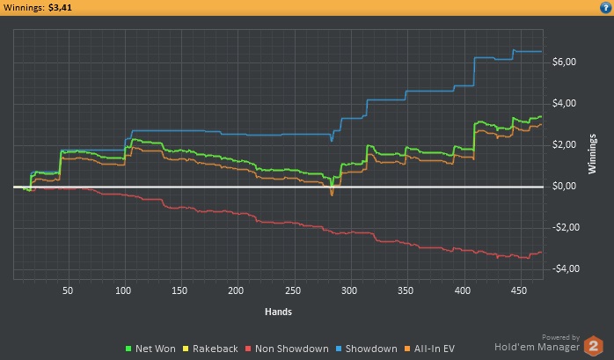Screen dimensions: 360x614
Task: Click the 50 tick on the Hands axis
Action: pyautogui.click(x=67, y=290)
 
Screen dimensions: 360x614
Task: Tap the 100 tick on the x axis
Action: pyautogui.click(x=123, y=290)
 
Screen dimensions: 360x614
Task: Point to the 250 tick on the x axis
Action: pyautogui.click(x=293, y=290)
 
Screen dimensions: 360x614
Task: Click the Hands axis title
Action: pyautogui.click(x=278, y=311)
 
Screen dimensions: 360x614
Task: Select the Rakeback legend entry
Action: pyautogui.click(x=214, y=349)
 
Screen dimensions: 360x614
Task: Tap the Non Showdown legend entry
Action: pyautogui.click(x=289, y=349)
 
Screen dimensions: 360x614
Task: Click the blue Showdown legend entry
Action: pyautogui.click(x=369, y=349)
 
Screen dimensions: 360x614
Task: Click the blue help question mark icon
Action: pyautogui.click(x=605, y=7)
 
